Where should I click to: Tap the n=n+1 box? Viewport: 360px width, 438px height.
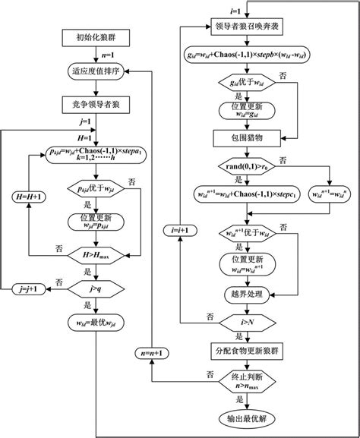[x=150, y=352]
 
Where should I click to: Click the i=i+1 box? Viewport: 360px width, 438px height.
[x=179, y=228]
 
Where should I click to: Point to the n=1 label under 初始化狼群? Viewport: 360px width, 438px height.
[x=92, y=55]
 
